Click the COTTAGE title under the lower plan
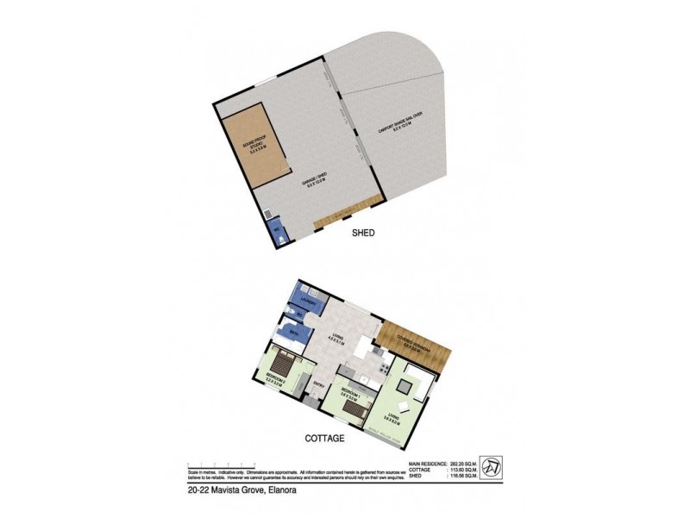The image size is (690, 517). [324, 438]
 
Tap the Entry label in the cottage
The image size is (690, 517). [317, 384]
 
